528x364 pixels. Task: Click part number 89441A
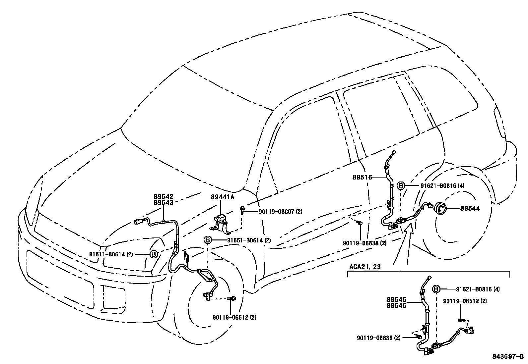(222, 197)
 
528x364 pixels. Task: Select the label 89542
(163, 197)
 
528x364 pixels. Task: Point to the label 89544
(470, 208)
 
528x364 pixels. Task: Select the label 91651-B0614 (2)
(249, 240)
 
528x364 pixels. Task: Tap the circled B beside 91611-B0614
(154, 254)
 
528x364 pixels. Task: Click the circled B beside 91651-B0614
(207, 240)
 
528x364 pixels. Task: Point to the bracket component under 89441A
(220, 222)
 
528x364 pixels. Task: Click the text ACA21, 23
(365, 267)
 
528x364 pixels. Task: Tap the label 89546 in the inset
(396, 306)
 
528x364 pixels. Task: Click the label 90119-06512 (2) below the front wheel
(234, 317)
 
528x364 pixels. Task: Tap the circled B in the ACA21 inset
(437, 289)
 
